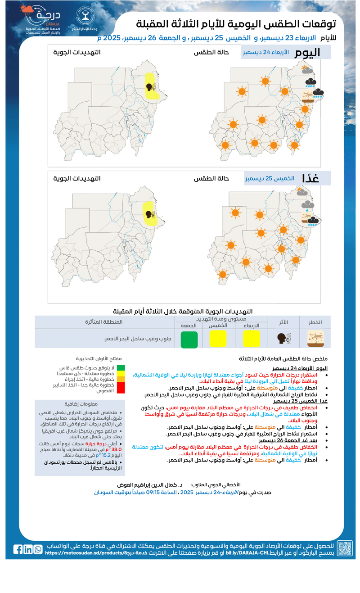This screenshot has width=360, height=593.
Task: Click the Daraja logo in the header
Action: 43,20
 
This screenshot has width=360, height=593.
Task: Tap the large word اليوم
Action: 307,52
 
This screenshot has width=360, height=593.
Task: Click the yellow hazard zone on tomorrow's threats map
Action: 149,213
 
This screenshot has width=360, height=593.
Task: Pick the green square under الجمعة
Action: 189,339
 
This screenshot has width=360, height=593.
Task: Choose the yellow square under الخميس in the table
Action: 218,339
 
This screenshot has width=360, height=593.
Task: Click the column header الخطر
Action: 315,322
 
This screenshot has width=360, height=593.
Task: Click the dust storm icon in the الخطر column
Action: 315,339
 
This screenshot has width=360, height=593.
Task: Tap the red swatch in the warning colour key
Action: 120,390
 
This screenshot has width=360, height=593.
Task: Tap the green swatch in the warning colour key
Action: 120,368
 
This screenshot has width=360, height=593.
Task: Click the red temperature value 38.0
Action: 116,449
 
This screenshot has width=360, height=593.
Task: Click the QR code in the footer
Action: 345,548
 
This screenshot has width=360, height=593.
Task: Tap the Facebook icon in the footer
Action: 18,549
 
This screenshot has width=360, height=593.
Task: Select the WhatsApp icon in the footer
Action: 38,549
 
